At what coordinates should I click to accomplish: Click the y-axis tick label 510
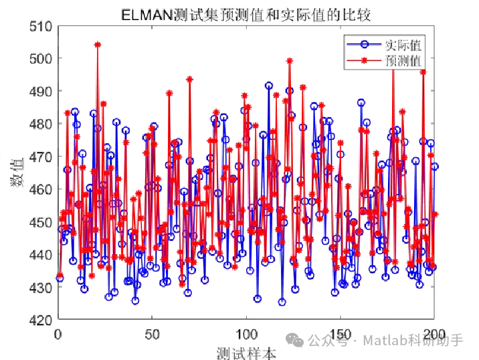(42, 26)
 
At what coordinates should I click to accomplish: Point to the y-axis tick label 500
(42, 59)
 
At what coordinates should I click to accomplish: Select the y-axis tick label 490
(42, 92)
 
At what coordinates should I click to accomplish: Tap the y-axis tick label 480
(42, 124)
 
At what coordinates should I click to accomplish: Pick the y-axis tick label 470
(42, 157)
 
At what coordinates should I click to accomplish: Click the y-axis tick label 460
(42, 190)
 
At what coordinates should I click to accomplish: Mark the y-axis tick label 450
(42, 222)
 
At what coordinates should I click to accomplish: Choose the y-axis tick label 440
(42, 255)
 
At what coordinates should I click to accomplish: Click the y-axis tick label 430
(42, 288)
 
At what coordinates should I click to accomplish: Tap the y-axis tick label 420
(42, 320)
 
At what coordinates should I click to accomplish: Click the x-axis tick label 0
(59, 333)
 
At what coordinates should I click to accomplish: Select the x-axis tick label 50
(153, 333)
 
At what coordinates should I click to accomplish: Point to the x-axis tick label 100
(248, 333)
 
